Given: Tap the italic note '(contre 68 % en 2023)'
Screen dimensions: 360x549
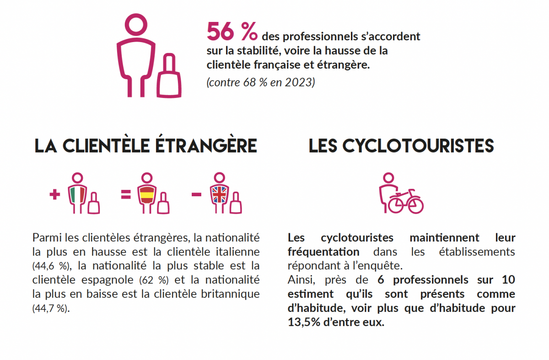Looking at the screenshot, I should pos(260,83).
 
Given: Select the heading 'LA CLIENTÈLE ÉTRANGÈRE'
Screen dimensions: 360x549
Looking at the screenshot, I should pos(145,146).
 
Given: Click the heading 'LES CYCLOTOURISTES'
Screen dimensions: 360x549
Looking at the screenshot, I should pos(401,146).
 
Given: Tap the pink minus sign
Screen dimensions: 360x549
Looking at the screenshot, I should pos(197,195).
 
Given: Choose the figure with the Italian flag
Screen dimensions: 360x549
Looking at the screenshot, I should pos(78,194).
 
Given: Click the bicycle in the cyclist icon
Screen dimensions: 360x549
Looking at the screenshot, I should pos(406,202).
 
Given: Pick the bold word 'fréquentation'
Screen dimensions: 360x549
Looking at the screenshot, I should pos(323,252).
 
